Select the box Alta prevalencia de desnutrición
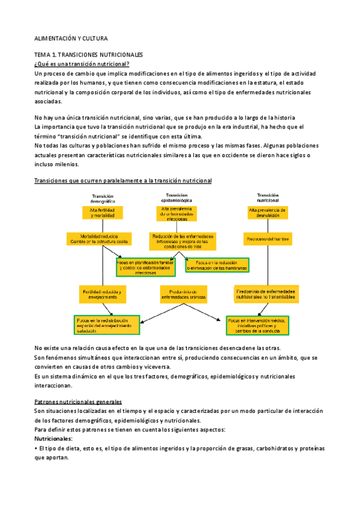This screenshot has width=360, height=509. (268, 212)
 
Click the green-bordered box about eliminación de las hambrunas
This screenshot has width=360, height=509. (218, 265)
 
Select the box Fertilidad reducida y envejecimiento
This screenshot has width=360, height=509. (103, 295)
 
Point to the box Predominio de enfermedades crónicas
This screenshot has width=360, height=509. (184, 294)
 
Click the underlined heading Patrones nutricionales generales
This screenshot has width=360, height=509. (78, 401)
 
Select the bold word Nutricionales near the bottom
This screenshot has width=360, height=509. (54, 439)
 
